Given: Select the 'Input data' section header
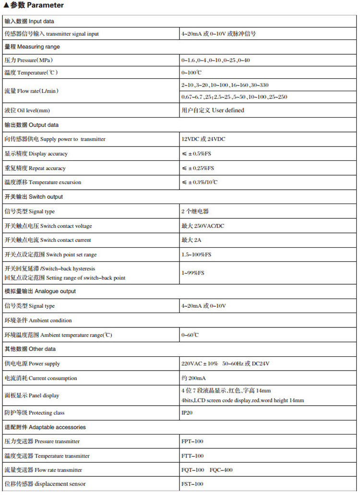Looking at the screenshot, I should (29, 21).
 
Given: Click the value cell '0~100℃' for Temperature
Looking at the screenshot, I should (192, 72).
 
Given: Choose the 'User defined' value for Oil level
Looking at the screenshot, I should (213, 110).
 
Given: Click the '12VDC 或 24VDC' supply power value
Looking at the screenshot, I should (203, 139).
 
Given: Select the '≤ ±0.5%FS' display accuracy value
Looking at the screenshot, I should (198, 154).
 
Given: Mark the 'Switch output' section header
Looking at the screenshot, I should (34, 197).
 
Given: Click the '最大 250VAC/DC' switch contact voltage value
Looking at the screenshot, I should (203, 226).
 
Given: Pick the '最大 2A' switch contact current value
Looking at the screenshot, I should (191, 240).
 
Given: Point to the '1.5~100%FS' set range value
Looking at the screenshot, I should (197, 254).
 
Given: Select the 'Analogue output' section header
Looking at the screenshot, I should (40, 291).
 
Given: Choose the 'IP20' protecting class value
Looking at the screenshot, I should (187, 413).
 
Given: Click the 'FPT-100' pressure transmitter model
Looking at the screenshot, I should (192, 441).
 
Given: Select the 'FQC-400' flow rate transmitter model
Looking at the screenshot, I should (221, 470).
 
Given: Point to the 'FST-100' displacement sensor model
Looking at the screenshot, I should (192, 484).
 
